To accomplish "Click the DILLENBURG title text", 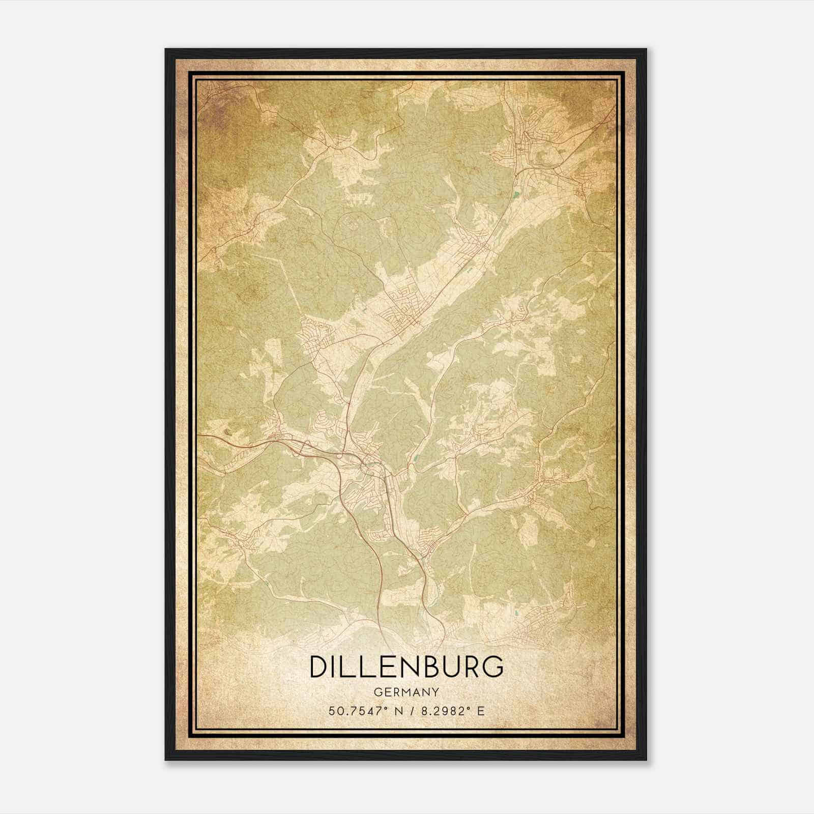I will click(406, 667).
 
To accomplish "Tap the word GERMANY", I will click(406, 692).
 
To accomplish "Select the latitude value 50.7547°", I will click(355, 711).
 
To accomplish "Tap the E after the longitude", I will click(481, 711).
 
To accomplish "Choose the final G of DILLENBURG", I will click(493, 667).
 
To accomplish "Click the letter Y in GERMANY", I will click(436, 692).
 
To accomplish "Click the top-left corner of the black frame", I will click(166, 49).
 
